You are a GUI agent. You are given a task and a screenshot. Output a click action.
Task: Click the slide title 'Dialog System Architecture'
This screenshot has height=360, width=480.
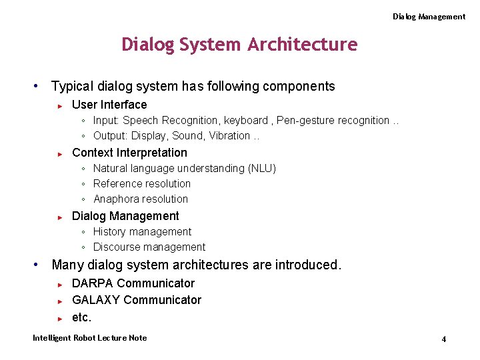coord(239,45)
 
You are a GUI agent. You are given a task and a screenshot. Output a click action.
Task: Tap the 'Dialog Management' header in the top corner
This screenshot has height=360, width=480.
coord(429,17)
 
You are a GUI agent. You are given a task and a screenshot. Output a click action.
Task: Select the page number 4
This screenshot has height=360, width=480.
coord(443,339)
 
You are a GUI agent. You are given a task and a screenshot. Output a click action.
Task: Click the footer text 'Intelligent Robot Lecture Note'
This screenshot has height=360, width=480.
coord(90,338)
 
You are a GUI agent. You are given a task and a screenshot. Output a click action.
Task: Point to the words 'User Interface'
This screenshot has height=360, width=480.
coord(109,105)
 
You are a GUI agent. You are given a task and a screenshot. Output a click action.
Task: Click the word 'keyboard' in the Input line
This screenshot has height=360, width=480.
coord(245,121)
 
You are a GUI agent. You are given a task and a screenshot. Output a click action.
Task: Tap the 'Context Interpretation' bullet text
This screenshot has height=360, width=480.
coord(129,153)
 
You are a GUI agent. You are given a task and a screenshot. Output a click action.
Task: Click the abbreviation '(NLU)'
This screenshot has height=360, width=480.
coord(262,169)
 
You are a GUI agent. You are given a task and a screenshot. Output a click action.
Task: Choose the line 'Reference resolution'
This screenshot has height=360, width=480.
coord(142,184)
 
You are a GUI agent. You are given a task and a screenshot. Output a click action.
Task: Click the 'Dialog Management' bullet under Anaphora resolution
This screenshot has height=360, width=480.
coord(125,216)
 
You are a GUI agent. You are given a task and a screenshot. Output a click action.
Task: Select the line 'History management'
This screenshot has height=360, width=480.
coord(142,232)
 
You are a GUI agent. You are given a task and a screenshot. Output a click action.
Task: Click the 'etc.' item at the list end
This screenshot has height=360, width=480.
coord(81,317)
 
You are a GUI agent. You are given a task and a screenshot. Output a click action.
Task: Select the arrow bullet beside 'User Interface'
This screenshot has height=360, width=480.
coord(60,105)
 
